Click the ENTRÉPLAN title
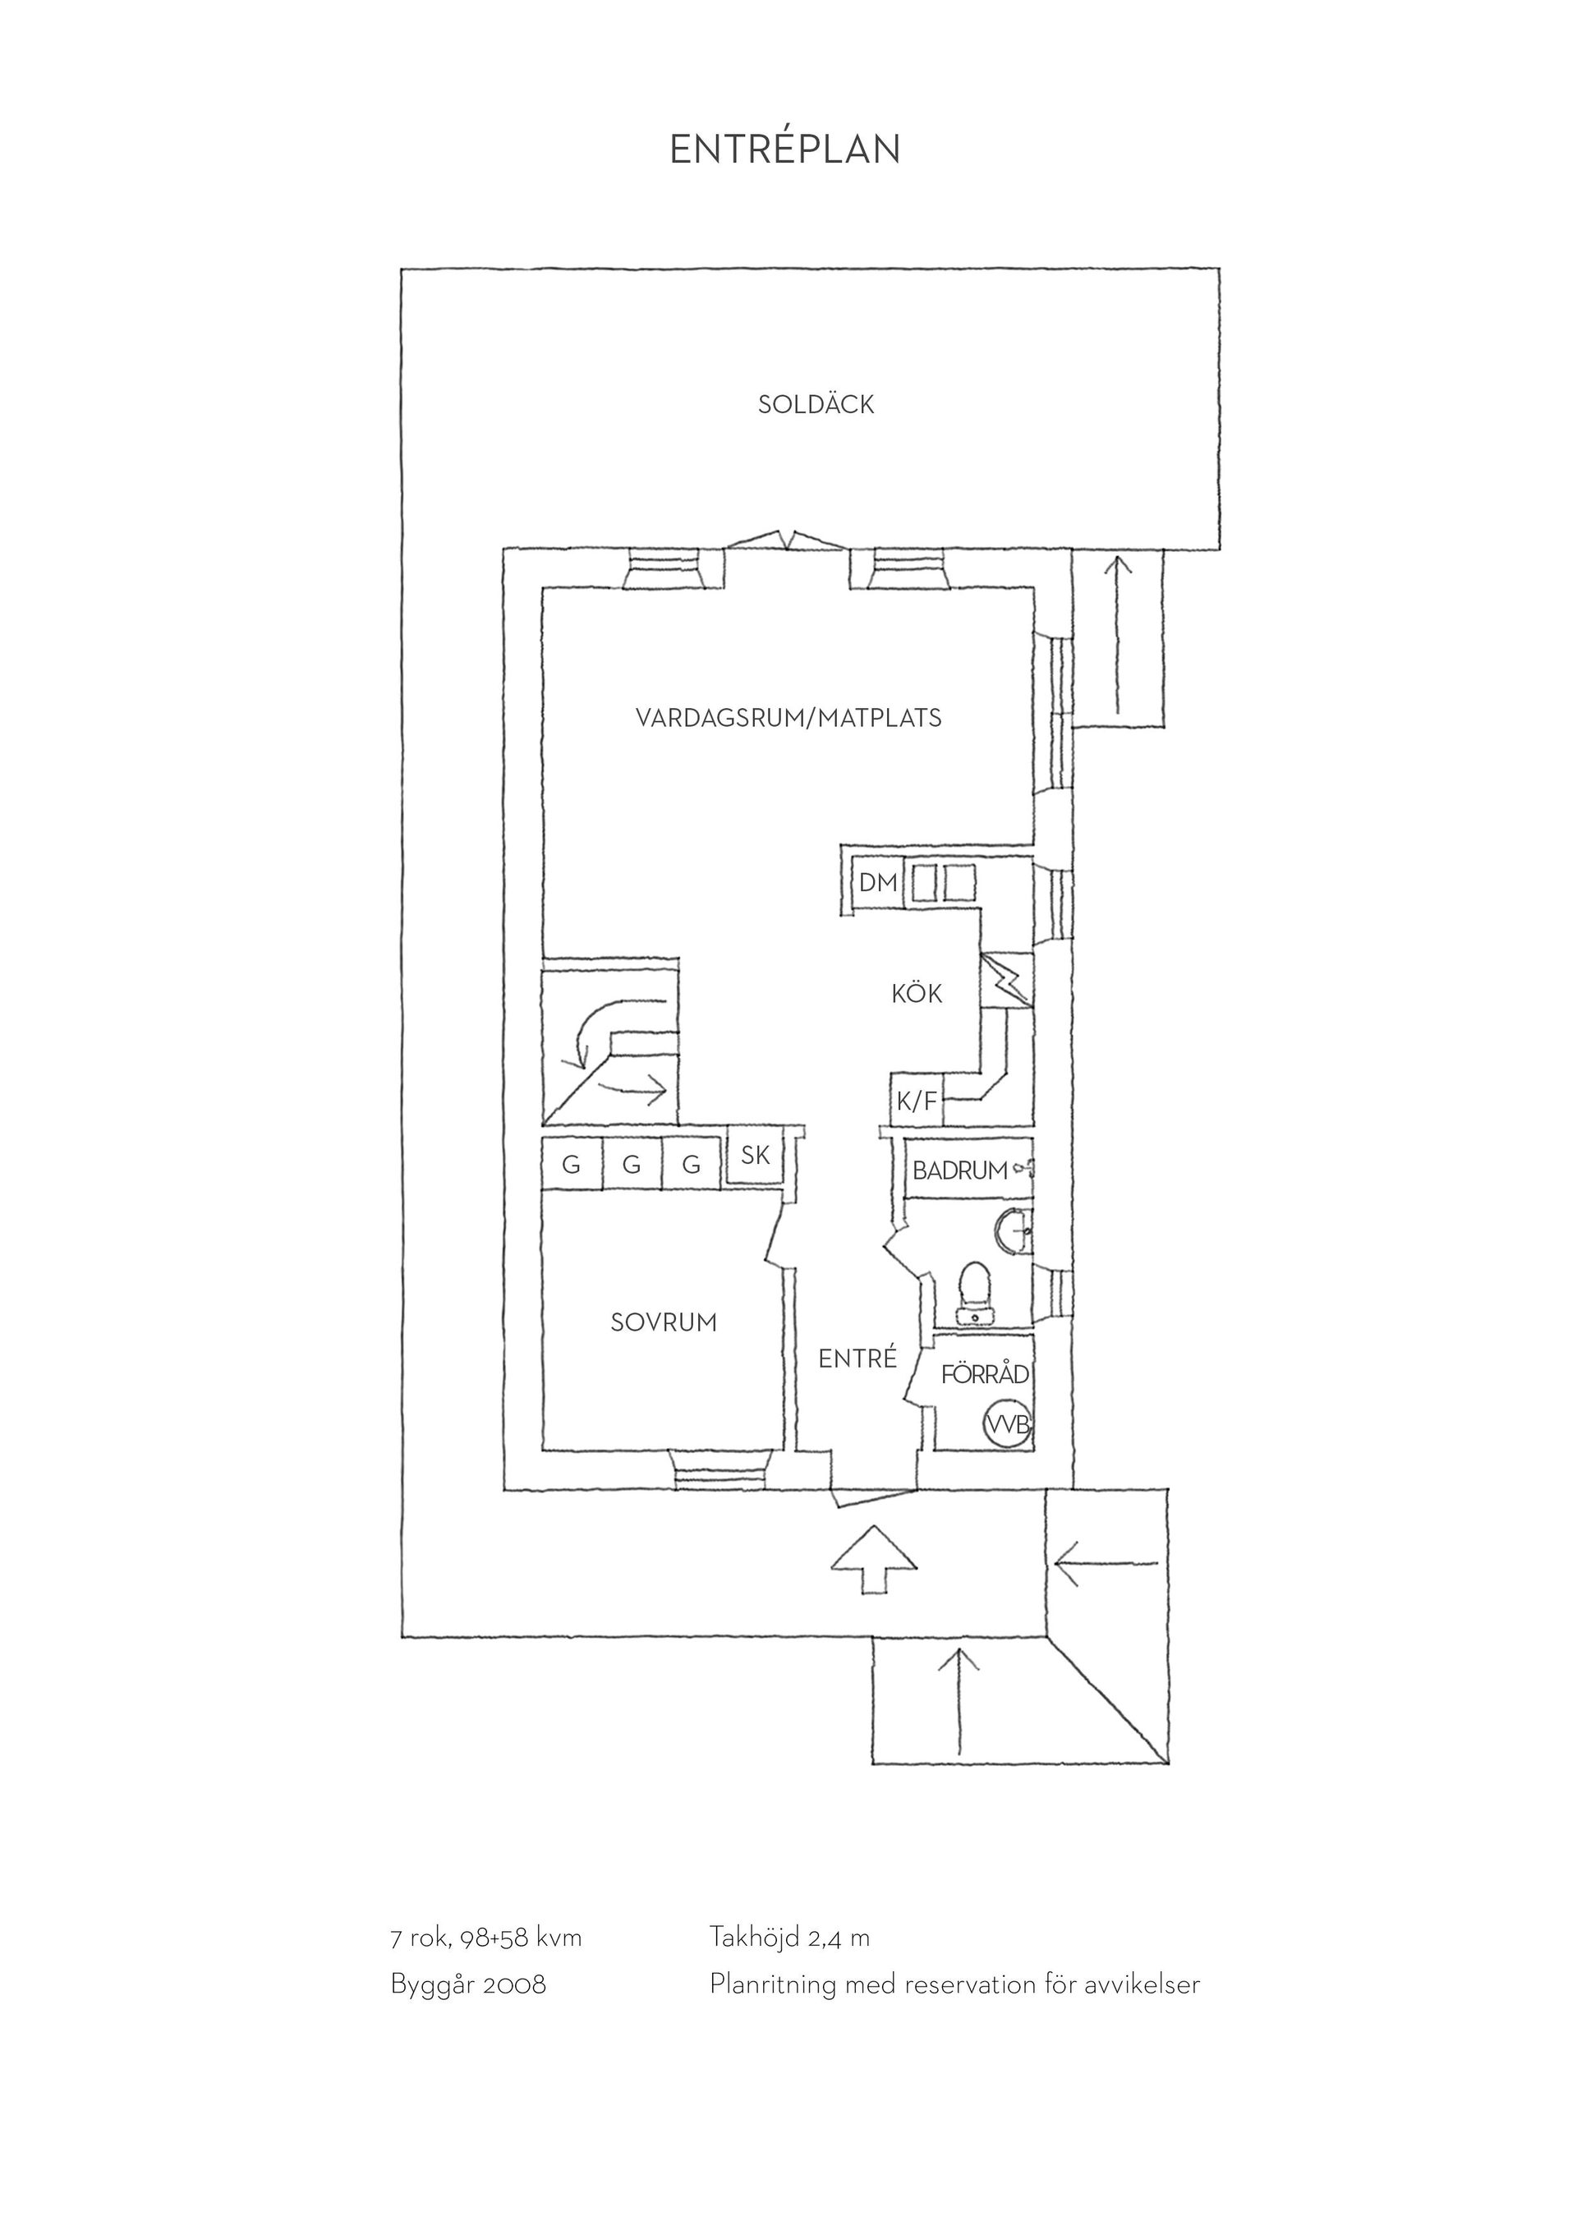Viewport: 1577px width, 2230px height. [784, 149]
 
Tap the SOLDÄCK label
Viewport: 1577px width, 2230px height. [816, 404]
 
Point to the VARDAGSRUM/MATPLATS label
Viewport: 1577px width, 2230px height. [788, 718]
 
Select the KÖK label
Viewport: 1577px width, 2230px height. [917, 994]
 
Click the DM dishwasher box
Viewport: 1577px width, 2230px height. [878, 883]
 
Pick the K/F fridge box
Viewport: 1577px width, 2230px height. [917, 1101]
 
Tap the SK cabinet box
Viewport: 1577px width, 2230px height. [755, 1155]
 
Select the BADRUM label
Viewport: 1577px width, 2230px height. [959, 1170]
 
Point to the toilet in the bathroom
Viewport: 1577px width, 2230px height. [974, 1291]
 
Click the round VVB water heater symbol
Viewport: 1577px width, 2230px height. [1007, 1425]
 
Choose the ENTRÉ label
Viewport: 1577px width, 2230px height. [857, 1359]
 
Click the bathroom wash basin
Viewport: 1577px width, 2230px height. [1014, 1231]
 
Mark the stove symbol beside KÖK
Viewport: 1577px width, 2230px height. [1007, 980]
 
